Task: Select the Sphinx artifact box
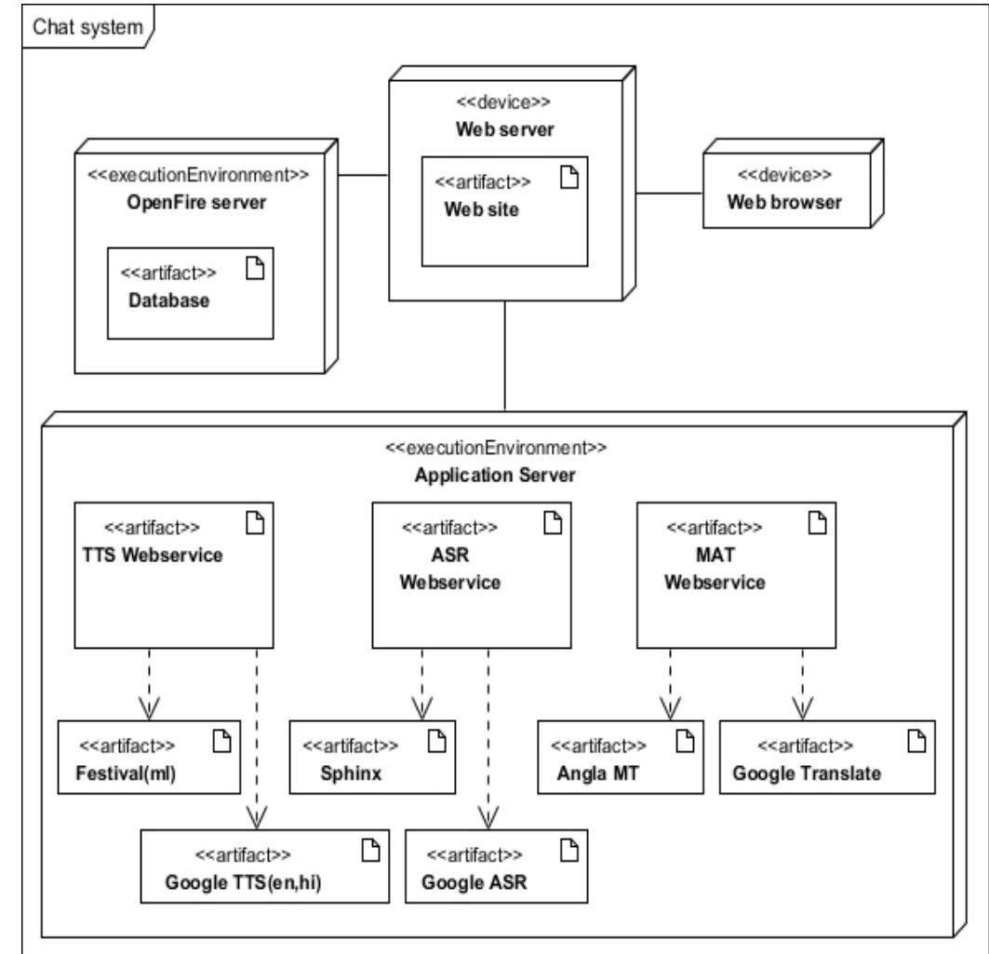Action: (x=372, y=756)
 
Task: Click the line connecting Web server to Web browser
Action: (x=668, y=193)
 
